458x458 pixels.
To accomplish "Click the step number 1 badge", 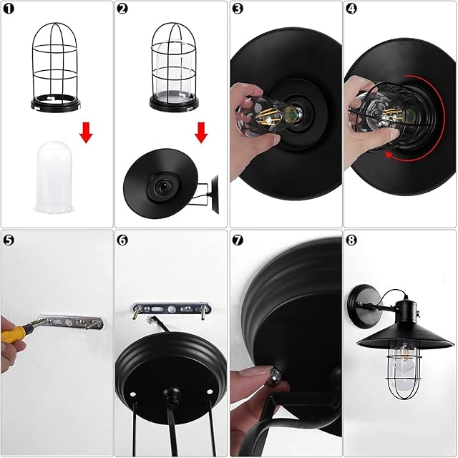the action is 9,9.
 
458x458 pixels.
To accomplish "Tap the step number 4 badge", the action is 351,9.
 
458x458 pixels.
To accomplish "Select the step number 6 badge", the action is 122,240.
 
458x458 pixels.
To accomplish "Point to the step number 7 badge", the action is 238,240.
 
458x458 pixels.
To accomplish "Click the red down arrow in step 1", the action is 86,133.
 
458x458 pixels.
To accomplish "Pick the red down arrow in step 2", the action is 201,133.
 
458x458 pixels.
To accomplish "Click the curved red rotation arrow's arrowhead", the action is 389,155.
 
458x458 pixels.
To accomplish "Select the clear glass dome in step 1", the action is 54,177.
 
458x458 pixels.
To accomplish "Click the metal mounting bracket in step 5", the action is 72,322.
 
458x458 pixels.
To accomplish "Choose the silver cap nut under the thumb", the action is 275,375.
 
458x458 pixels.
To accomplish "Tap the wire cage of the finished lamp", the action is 405,369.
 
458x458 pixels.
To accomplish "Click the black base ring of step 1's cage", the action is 56,104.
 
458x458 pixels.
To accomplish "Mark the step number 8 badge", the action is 351,240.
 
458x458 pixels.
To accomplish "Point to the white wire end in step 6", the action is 151,318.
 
